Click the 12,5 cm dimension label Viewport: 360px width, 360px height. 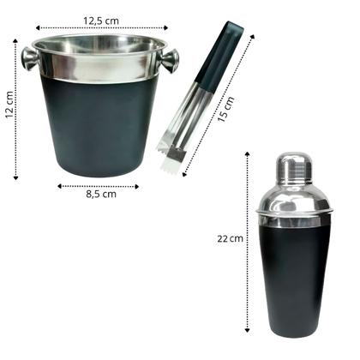100,18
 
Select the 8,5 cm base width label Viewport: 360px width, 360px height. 101,195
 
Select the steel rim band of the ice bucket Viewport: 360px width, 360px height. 101,67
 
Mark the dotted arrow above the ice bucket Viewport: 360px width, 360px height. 100,30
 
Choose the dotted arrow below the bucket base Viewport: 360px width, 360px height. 101,185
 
